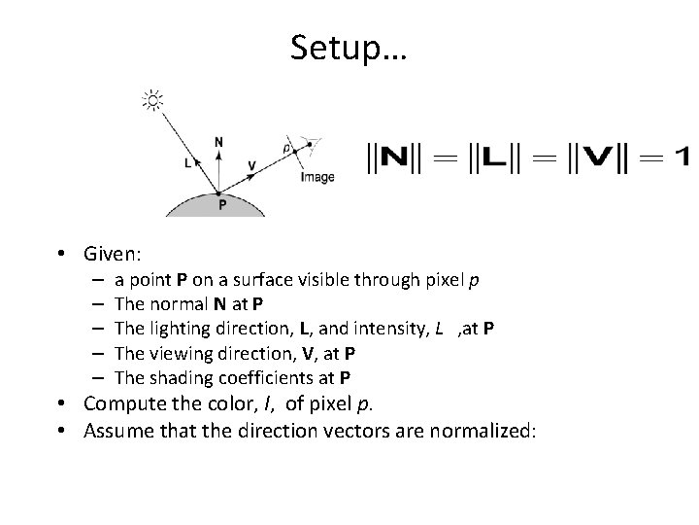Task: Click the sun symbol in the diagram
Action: [152, 99]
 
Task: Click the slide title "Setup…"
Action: [349, 47]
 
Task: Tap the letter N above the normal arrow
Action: [218, 142]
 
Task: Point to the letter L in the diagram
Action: [187, 164]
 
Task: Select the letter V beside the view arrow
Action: [251, 165]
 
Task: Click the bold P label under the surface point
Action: [222, 205]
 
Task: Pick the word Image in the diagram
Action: [317, 177]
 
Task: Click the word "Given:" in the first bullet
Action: [114, 255]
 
